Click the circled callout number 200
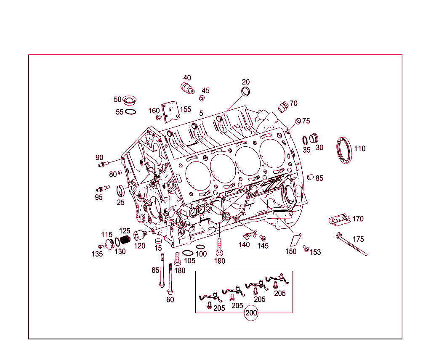(x=251, y=313)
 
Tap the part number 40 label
(x=187, y=78)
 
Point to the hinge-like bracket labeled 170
(x=339, y=219)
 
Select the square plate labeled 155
(x=170, y=112)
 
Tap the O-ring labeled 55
(x=131, y=112)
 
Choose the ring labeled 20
(x=245, y=92)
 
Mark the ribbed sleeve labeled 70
(x=283, y=106)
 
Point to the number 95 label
(x=99, y=197)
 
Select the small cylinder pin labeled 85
(x=310, y=177)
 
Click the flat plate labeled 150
(x=296, y=239)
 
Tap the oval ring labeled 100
(x=201, y=247)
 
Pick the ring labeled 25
(x=121, y=191)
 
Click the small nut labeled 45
(x=202, y=98)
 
